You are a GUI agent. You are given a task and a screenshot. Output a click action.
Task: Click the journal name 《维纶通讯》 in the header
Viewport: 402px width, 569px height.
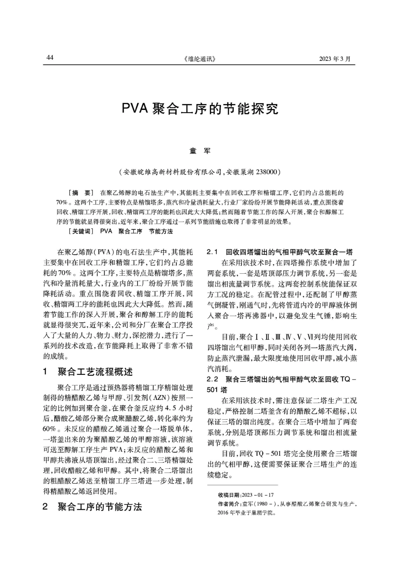(x=200, y=59)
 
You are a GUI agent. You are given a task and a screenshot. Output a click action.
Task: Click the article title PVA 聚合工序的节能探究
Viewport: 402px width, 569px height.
(x=200, y=109)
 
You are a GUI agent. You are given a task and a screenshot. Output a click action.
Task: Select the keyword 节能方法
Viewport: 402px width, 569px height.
(x=161, y=231)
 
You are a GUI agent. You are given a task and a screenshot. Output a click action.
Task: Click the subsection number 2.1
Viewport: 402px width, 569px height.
(x=212, y=252)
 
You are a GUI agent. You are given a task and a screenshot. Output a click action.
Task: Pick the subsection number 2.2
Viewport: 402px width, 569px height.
(x=212, y=379)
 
